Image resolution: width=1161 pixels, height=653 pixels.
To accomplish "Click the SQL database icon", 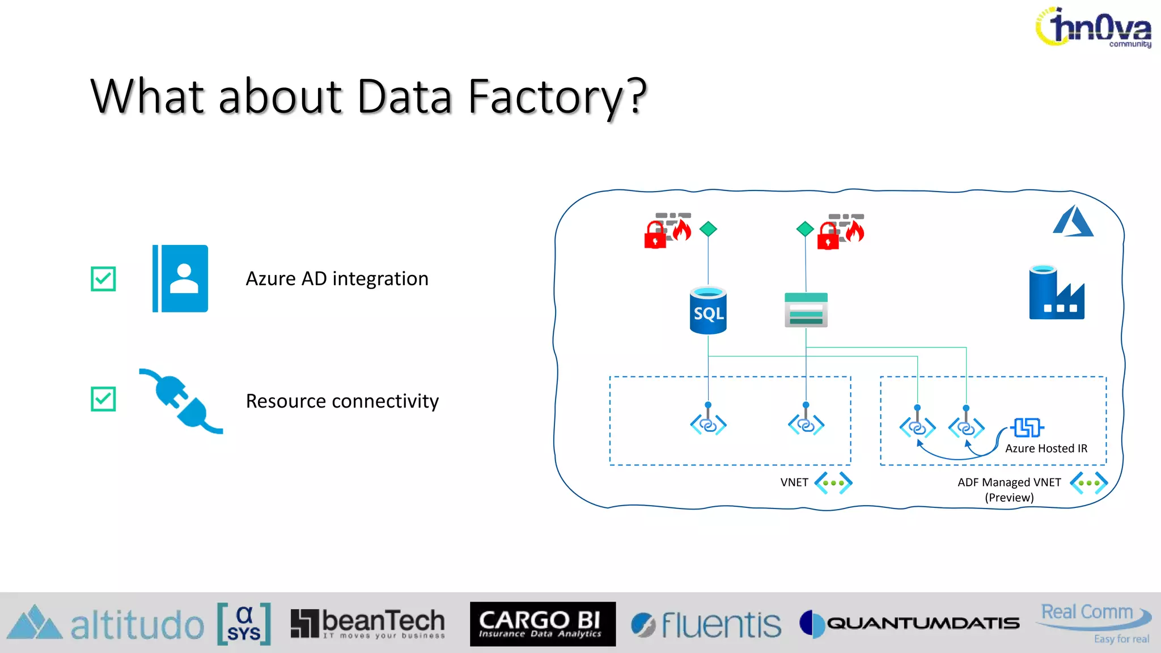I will (708, 311).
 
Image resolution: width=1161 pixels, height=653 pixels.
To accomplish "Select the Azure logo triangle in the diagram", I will (1073, 222).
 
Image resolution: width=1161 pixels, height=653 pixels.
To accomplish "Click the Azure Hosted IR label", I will (1046, 448).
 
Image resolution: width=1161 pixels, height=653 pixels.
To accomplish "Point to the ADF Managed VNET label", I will (1009, 482).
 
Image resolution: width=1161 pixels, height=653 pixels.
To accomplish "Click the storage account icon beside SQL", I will (806, 310).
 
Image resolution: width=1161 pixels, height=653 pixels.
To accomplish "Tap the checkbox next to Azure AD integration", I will (103, 279).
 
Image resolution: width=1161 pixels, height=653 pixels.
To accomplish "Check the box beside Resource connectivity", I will (103, 399).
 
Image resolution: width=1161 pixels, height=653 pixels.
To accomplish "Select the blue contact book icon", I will (180, 278).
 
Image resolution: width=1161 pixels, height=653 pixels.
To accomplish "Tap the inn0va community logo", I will (1094, 27).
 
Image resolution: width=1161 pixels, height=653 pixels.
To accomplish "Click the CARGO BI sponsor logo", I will (542, 624).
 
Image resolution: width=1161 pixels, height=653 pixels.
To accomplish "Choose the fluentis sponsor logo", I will (706, 625).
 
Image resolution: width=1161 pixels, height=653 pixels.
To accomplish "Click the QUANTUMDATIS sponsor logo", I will (910, 624).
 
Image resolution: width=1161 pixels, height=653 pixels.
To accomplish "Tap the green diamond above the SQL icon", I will (708, 229).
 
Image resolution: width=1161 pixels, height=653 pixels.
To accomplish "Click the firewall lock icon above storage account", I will (840, 231).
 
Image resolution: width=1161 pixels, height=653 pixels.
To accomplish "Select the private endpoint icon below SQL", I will (708, 424).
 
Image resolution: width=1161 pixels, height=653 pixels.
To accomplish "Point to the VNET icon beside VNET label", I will (833, 483).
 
